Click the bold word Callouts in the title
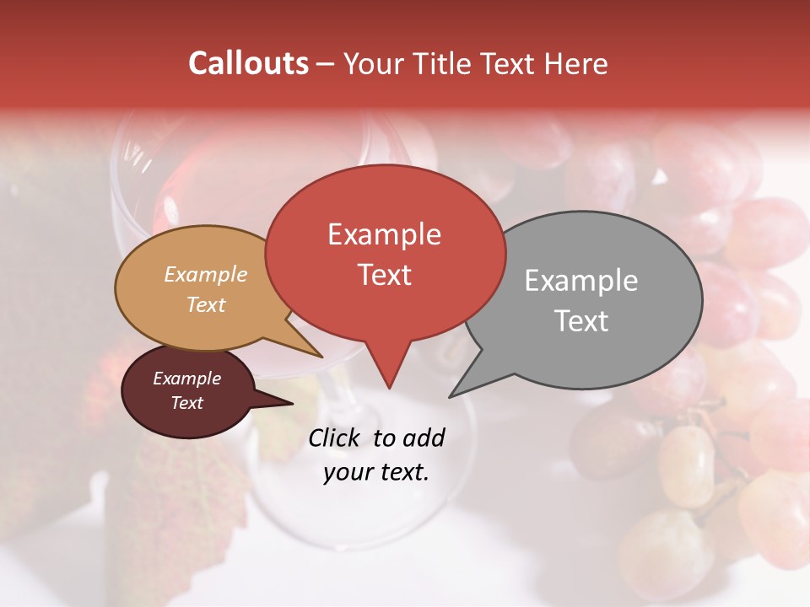(x=248, y=63)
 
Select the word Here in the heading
(x=576, y=63)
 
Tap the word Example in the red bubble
(x=384, y=234)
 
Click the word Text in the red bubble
(x=384, y=275)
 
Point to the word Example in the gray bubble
(x=581, y=281)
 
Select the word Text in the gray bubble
(x=581, y=321)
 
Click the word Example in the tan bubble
(x=205, y=275)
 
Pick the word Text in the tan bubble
(x=205, y=304)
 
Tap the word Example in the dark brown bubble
(x=186, y=379)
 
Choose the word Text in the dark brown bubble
(x=186, y=403)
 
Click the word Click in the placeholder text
(x=335, y=438)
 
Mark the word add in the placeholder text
(x=423, y=438)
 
